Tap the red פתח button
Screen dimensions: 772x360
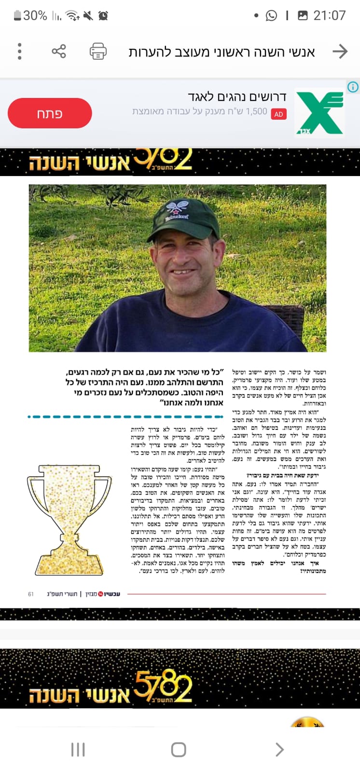click(50, 113)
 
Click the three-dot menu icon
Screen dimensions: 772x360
click(20, 51)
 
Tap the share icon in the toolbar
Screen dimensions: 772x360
click(59, 51)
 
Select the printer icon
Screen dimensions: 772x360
click(98, 51)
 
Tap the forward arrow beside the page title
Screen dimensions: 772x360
click(340, 51)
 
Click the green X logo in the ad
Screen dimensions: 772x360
click(319, 113)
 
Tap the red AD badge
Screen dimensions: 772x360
click(278, 114)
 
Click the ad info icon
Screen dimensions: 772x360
click(353, 87)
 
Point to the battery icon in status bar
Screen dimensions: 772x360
click(17, 15)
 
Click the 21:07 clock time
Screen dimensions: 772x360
click(330, 15)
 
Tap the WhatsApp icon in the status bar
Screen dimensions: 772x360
click(272, 15)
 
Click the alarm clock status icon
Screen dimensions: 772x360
click(103, 16)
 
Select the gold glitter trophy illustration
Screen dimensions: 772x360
click(69, 519)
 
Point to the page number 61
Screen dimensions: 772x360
click(31, 594)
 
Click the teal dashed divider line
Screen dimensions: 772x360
click(125, 416)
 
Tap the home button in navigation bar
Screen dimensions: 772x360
click(179, 749)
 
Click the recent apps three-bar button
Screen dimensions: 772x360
click(78, 749)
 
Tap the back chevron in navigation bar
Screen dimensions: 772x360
click(279, 749)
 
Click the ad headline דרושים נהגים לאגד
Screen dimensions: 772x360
click(237, 96)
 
